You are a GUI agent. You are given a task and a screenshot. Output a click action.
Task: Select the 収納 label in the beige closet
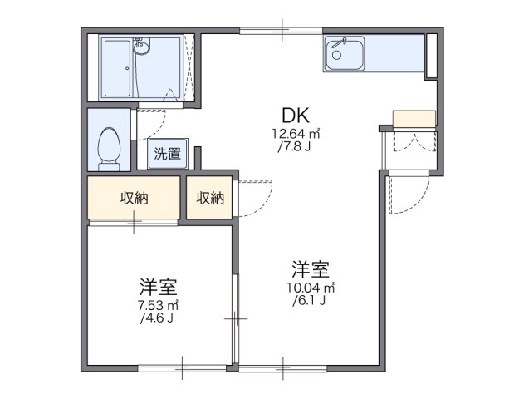point(134,198)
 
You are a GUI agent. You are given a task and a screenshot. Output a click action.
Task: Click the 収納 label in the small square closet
point(209,198)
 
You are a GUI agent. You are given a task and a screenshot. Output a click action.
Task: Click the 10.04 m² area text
point(311,288)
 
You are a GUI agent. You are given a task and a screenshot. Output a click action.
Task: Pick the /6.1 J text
point(311,300)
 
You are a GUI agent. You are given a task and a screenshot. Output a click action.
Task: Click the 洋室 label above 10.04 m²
point(311,269)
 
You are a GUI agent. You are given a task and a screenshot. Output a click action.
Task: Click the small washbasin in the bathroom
point(142,47)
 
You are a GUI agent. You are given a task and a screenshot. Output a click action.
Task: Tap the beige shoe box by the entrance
point(413,119)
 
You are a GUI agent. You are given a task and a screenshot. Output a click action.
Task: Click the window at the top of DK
point(282,32)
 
